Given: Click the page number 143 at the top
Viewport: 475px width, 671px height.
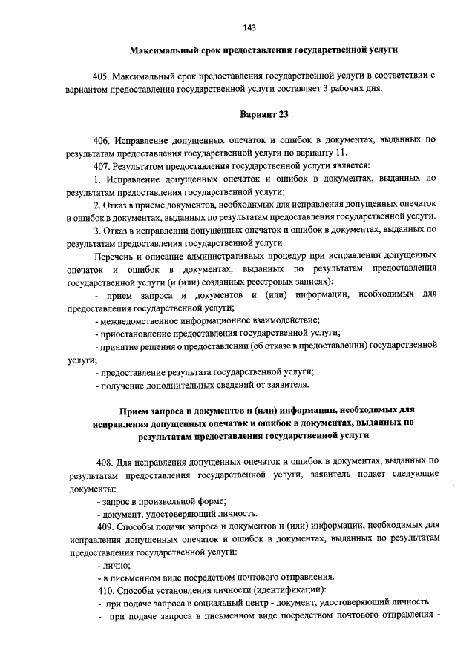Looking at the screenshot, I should click(249, 27).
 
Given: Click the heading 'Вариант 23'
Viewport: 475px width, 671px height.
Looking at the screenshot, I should click(263, 115).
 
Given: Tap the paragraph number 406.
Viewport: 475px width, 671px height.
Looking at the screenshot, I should click(103, 140).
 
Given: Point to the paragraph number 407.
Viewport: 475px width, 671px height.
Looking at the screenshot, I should click(103, 165).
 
